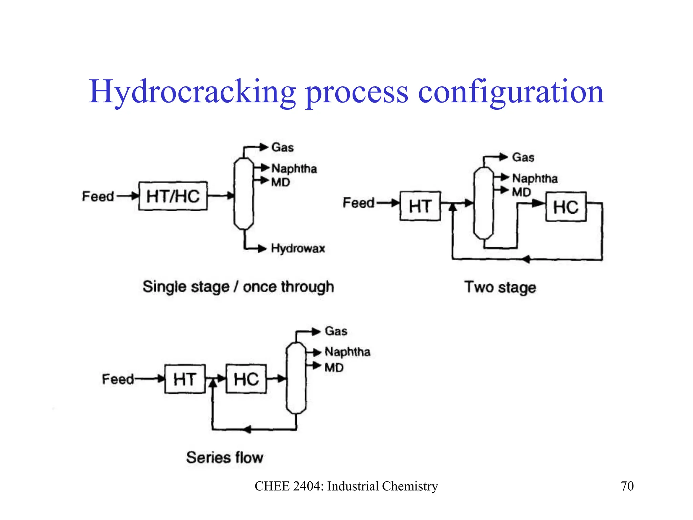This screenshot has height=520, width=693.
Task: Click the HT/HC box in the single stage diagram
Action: tap(173, 196)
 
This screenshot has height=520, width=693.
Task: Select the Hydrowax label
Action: tap(298, 248)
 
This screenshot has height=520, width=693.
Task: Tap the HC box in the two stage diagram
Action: tap(566, 207)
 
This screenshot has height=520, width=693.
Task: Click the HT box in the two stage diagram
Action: tap(420, 206)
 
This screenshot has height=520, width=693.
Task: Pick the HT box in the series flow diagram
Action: tap(185, 379)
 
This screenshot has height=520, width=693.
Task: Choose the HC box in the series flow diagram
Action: tap(246, 379)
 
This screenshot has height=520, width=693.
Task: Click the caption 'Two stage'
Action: tap(500, 287)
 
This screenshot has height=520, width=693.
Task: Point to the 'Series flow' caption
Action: tap(225, 458)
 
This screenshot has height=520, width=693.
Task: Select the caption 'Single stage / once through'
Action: tap(238, 287)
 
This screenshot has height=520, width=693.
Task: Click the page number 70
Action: tap(627, 486)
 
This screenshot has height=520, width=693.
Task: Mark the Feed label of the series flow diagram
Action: tap(118, 379)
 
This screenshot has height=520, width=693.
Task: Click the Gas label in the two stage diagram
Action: tap(523, 157)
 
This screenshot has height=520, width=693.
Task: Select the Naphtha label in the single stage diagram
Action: tap(294, 169)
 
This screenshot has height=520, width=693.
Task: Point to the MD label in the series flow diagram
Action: tap(334, 368)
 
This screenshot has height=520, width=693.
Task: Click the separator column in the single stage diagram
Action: tap(244, 194)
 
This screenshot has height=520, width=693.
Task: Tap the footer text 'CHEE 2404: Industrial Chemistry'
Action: tap(346, 486)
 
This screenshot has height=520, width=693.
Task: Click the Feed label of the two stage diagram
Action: tap(359, 203)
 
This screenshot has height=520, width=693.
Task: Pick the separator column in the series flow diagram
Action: tap(296, 378)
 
